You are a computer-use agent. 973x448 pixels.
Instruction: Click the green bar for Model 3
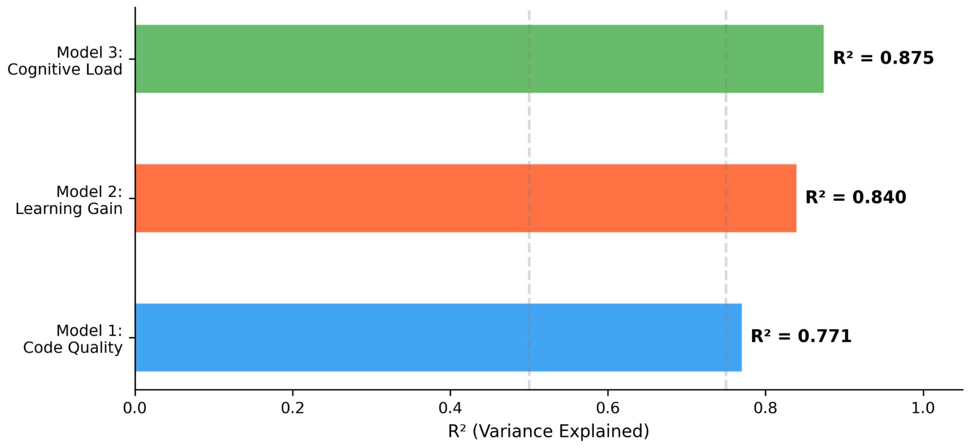tap(479, 59)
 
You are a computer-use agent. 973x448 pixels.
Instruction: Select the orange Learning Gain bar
tap(465, 198)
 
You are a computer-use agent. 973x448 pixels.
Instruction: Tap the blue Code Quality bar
tap(438, 337)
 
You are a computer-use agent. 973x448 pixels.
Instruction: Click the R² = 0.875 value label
tap(883, 58)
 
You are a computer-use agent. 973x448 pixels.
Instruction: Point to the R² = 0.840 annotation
tap(856, 197)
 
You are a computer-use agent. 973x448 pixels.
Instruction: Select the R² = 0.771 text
tap(801, 336)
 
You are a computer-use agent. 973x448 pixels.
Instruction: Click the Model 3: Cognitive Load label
tap(65, 61)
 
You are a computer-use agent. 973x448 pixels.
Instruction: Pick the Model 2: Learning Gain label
tap(69, 200)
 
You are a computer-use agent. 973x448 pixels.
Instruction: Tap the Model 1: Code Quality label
tap(73, 339)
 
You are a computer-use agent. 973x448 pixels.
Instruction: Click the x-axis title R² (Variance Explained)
tap(548, 431)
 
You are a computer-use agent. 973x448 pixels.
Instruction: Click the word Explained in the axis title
tap(604, 431)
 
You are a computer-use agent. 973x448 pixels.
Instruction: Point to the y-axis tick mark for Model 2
tap(132, 198)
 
